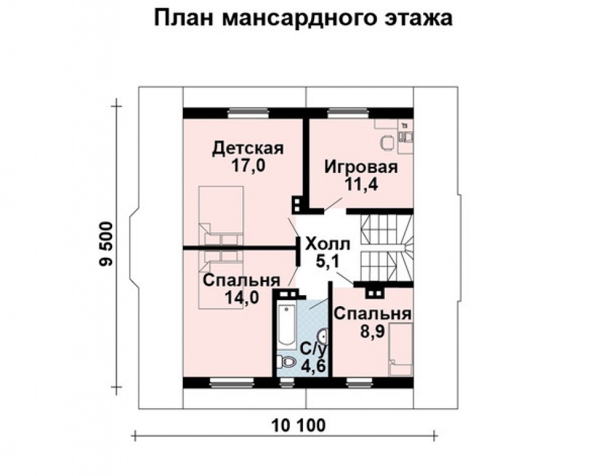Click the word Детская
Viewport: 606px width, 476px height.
pyautogui.click(x=248, y=148)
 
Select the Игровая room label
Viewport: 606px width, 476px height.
pyautogui.click(x=361, y=167)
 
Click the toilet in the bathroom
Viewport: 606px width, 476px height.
pyautogui.click(x=286, y=362)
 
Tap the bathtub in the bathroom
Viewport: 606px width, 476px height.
pyautogui.click(x=286, y=325)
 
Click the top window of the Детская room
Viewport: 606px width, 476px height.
pyautogui.click(x=247, y=113)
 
